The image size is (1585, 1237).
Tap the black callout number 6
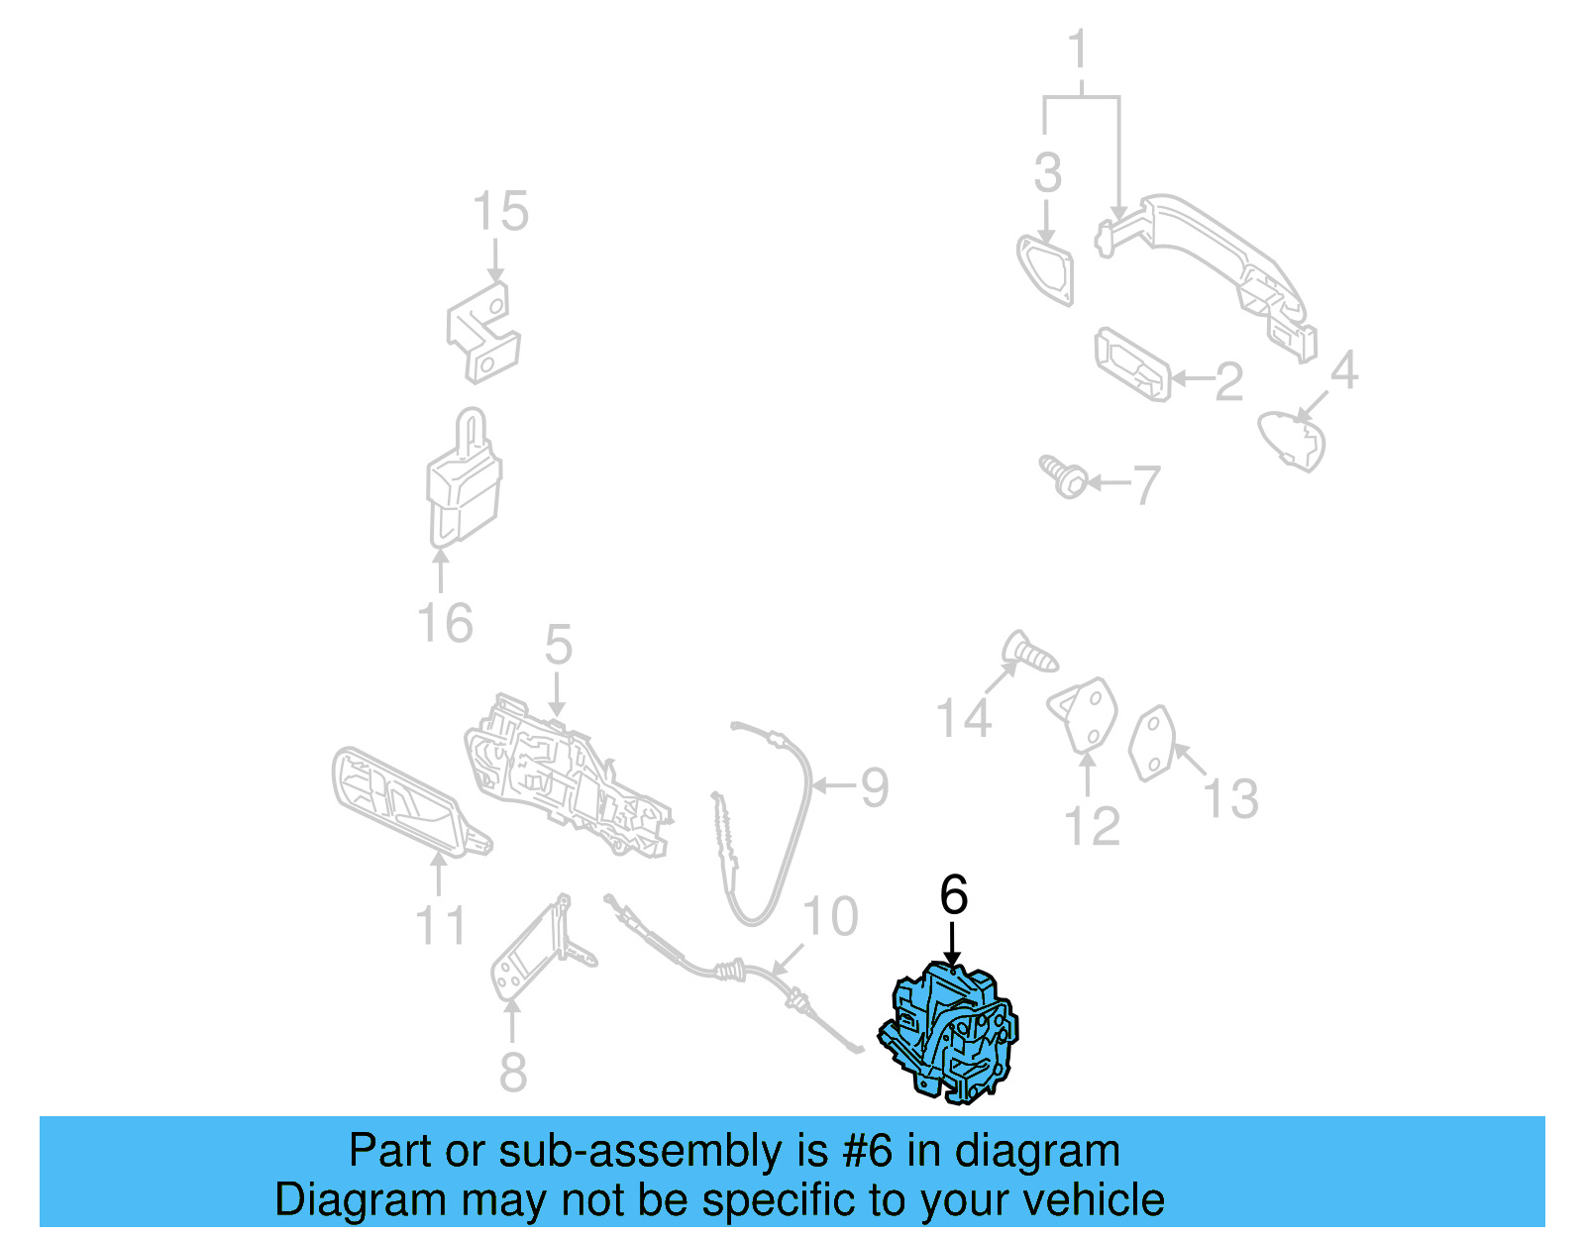(953, 895)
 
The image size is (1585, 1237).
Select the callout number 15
(499, 212)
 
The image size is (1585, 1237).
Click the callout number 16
(445, 624)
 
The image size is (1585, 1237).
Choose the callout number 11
(440, 927)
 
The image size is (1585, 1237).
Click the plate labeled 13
(1153, 744)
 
